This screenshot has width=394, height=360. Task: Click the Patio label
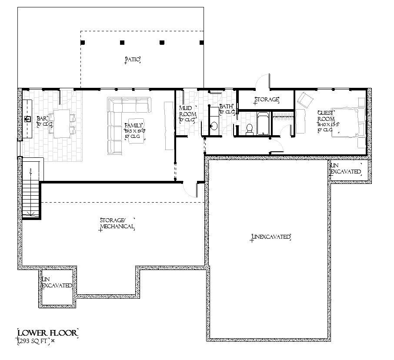133,60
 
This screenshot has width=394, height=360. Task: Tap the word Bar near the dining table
42,118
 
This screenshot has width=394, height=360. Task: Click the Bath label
226,107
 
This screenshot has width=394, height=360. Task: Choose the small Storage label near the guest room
266,100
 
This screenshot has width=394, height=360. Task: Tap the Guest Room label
326,115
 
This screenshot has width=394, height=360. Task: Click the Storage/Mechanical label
117,223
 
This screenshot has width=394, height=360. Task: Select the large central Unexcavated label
270,237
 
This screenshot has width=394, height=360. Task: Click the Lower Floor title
48,333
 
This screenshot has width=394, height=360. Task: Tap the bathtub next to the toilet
262,124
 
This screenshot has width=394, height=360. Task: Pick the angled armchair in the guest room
306,101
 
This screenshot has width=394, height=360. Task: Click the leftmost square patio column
83,43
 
